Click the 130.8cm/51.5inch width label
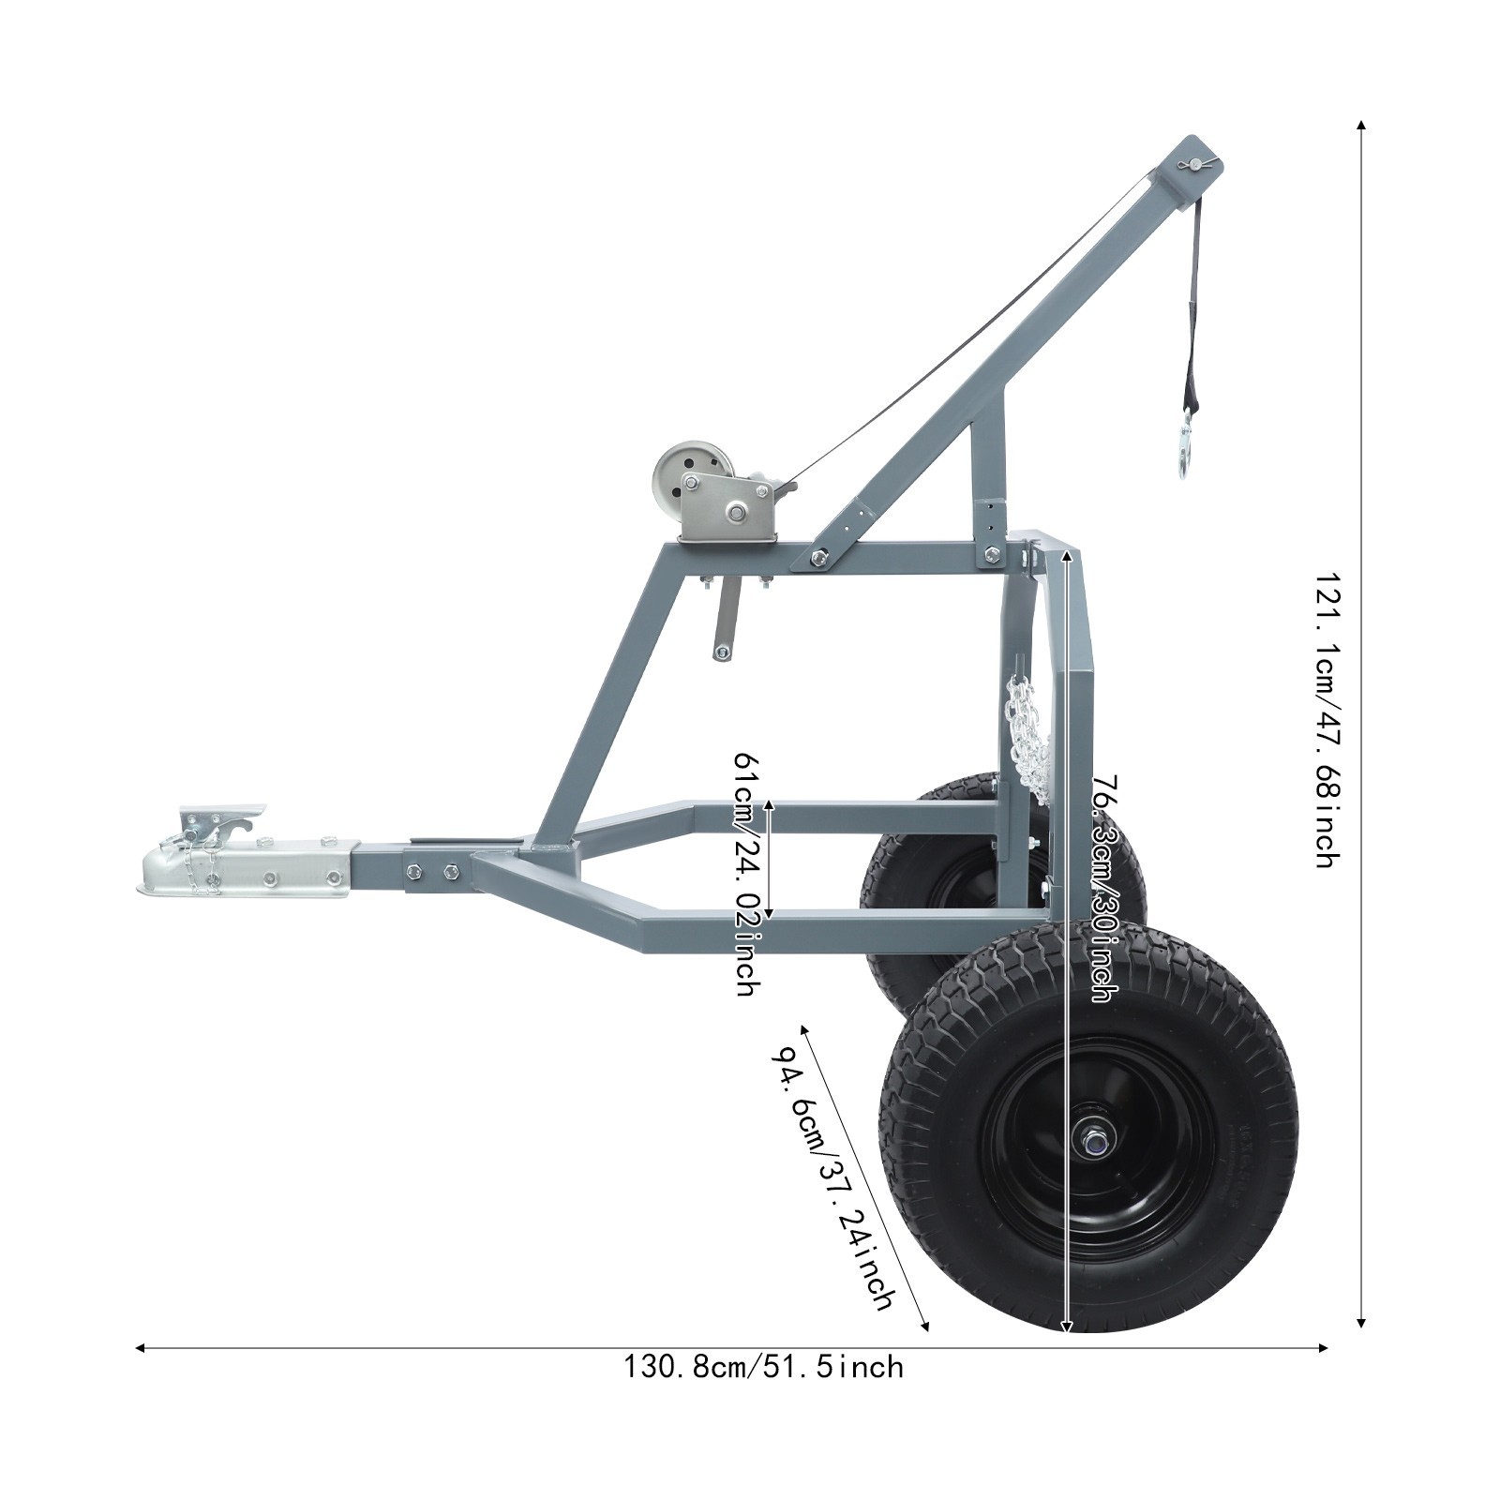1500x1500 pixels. click(764, 1367)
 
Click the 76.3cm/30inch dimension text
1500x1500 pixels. click(1104, 887)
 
